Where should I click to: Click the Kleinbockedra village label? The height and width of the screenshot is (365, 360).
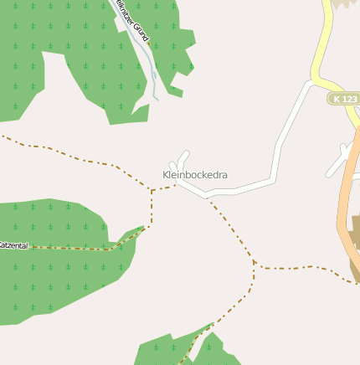pyautogui.click(x=194, y=176)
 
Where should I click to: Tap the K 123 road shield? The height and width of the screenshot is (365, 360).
pyautogui.click(x=342, y=99)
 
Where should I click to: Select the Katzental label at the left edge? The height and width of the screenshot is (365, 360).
pyautogui.click(x=13, y=245)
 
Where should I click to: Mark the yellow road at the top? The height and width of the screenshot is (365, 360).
pyautogui.click(x=323, y=42)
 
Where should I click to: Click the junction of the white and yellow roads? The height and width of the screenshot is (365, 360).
pyautogui.click(x=313, y=82)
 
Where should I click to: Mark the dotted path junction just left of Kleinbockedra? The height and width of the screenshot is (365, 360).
pyautogui.click(x=152, y=191)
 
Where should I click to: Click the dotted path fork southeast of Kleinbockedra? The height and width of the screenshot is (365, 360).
pyautogui.click(x=254, y=264)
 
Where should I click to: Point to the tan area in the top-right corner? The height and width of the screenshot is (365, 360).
pyautogui.click(x=344, y=3)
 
